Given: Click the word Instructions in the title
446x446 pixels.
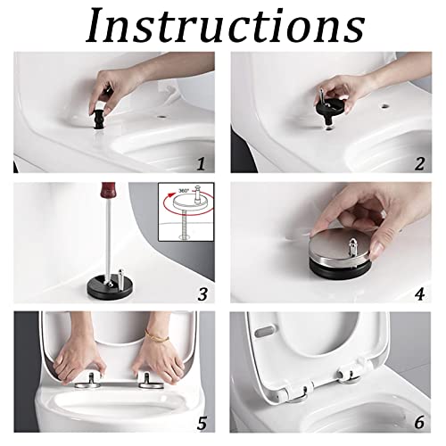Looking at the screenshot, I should (x=223, y=27).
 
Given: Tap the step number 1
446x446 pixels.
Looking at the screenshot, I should (x=201, y=163).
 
